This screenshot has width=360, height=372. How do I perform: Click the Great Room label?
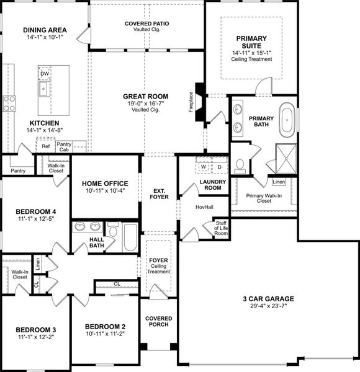146,97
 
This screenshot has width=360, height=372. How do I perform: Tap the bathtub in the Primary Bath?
287,120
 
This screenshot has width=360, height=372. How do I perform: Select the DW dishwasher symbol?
45,74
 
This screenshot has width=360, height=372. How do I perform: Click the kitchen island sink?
44,89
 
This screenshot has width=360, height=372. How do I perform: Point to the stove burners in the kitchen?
9,103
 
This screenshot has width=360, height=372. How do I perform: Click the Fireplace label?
191,102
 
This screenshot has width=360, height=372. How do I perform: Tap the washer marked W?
203,167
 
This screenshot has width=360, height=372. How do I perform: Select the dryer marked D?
220,167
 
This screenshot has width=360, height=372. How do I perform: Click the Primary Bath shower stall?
286,159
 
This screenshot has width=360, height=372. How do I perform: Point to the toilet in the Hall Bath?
113,229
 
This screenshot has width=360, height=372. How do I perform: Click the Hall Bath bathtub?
130,237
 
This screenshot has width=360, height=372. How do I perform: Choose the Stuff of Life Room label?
221,228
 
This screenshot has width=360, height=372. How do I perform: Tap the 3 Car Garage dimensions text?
268,306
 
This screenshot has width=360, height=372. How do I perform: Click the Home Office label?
105,184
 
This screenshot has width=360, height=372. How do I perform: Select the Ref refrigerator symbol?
45,146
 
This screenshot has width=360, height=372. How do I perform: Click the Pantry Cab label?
64,147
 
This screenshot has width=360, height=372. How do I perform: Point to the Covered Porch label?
159,321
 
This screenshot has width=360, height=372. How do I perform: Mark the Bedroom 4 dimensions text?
36,218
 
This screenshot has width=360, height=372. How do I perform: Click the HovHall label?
204,207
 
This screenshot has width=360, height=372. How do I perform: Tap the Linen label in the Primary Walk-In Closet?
279,182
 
